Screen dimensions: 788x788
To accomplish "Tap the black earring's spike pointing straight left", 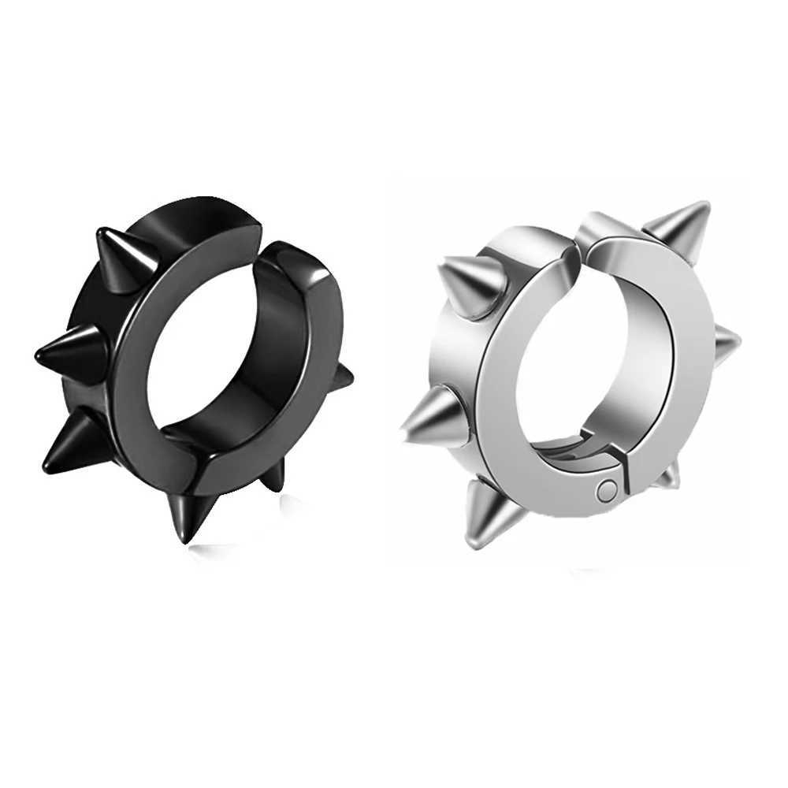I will [71, 347].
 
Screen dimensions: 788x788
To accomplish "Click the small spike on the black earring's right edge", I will [341, 380].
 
